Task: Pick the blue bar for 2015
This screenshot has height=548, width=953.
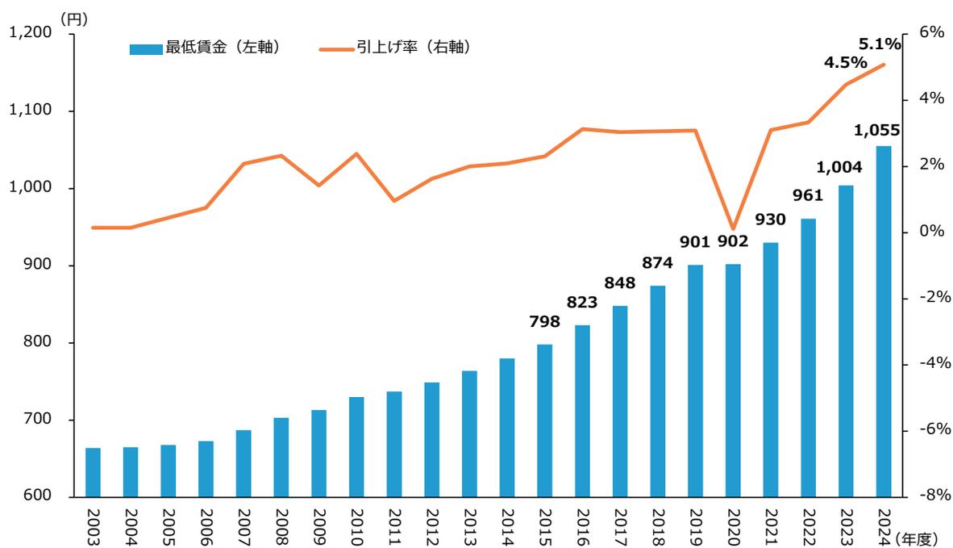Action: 545,420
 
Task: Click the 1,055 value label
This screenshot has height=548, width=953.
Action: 877,131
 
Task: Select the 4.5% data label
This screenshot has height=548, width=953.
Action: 845,63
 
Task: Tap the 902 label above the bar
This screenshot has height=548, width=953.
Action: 733,241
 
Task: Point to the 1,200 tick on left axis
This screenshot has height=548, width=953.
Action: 29,32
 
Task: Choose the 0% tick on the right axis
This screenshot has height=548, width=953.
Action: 931,232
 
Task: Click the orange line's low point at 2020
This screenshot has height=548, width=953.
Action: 733,229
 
